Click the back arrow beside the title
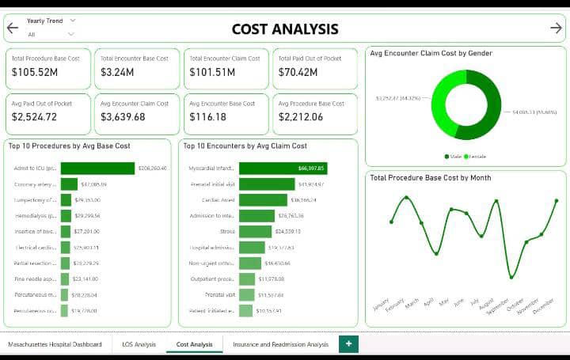12,28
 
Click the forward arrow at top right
556,28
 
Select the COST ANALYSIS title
285,29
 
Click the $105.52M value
35,73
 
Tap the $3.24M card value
116,73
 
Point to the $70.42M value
298,73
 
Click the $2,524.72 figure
34,117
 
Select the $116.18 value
207,117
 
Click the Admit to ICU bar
97,169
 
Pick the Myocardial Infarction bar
282,169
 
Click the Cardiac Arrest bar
263,200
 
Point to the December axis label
543,306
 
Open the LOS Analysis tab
139,344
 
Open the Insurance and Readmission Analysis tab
280,344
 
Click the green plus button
348,343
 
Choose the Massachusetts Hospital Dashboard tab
55,344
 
